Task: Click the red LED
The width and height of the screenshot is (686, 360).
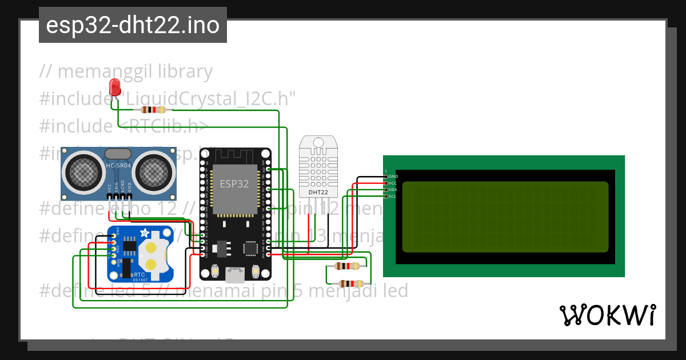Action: pos(114,87)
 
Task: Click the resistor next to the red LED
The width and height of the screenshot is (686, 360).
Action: pos(153,110)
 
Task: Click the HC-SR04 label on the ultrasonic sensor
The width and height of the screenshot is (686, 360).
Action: pos(118,166)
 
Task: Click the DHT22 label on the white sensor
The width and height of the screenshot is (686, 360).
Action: pos(318,193)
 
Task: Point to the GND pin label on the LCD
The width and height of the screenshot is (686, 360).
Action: pos(393,177)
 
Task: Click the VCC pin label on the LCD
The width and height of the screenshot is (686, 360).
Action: pos(393,183)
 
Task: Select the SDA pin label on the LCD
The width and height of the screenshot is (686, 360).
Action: pos(393,190)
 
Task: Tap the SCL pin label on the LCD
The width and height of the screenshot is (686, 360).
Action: pos(393,196)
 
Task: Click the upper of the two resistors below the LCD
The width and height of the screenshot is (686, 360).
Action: pos(347,266)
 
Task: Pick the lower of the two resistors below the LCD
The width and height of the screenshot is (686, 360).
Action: pos(350,283)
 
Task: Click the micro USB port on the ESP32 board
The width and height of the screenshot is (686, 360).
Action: pos(234,275)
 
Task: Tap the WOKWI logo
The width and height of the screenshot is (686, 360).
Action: pos(607,315)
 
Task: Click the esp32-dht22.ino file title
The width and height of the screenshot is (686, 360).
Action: pos(133,25)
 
